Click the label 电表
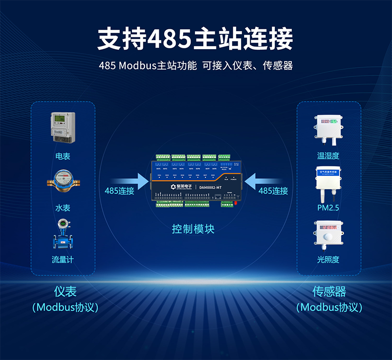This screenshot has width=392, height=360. (x=63, y=156)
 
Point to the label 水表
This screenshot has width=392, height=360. (x=63, y=208)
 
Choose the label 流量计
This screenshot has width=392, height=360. (x=63, y=260)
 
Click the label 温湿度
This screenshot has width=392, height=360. (x=328, y=156)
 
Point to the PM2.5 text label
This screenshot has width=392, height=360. (x=328, y=208)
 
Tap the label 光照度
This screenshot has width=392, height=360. (x=328, y=260)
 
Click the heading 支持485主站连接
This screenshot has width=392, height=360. (x=196, y=39)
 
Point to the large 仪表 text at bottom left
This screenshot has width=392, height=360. (x=65, y=291)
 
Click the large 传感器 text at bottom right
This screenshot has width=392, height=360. (x=329, y=291)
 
